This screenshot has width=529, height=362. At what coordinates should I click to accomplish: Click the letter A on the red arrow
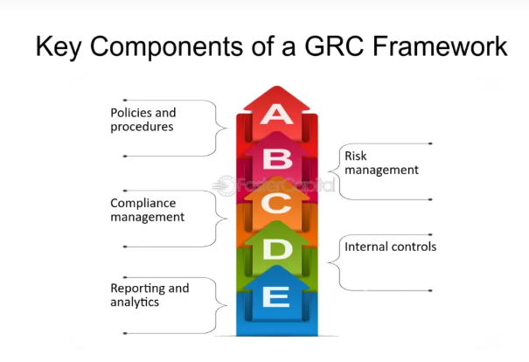click(x=276, y=115)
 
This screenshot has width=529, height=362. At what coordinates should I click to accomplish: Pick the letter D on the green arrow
click(x=276, y=250)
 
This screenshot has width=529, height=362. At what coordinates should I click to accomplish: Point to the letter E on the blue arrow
click(x=276, y=297)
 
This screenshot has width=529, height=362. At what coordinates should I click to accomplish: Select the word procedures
click(x=142, y=127)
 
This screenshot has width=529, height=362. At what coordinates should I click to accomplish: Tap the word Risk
click(x=356, y=156)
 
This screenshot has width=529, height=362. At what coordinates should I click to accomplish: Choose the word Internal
click(x=366, y=247)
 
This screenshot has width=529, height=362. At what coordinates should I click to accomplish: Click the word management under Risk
click(x=382, y=170)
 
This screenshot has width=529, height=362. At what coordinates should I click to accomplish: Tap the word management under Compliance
click(x=147, y=217)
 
